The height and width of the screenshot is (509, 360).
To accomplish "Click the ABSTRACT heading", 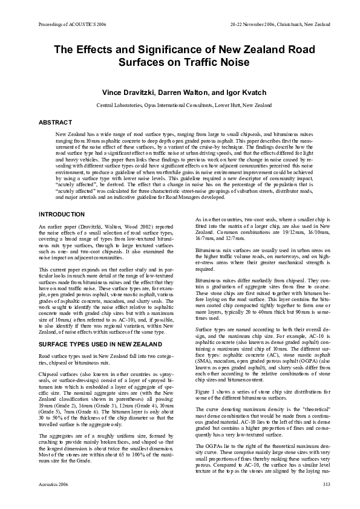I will [x=56, y=123].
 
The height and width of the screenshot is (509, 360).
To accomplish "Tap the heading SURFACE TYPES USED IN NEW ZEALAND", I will [x=100, y=327].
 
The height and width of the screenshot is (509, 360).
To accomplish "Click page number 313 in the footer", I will [x=326, y=485].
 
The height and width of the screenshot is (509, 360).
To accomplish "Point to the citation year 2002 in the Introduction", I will [x=130, y=227].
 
